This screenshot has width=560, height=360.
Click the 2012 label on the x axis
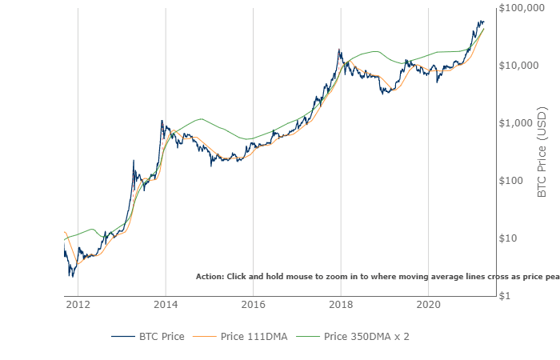point(78,304)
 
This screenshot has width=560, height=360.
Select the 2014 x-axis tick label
point(166,304)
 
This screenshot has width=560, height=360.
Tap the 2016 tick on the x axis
point(253,304)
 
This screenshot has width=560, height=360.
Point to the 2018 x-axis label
point(341,304)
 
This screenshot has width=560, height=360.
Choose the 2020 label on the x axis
point(429,304)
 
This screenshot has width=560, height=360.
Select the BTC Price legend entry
point(149,336)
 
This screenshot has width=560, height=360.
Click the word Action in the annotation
point(210,276)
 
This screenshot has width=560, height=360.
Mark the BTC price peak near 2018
point(340,50)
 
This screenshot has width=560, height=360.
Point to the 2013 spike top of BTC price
point(134,161)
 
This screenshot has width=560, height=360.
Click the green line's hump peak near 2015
point(200,119)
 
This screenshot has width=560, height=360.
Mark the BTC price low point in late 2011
point(71,276)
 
